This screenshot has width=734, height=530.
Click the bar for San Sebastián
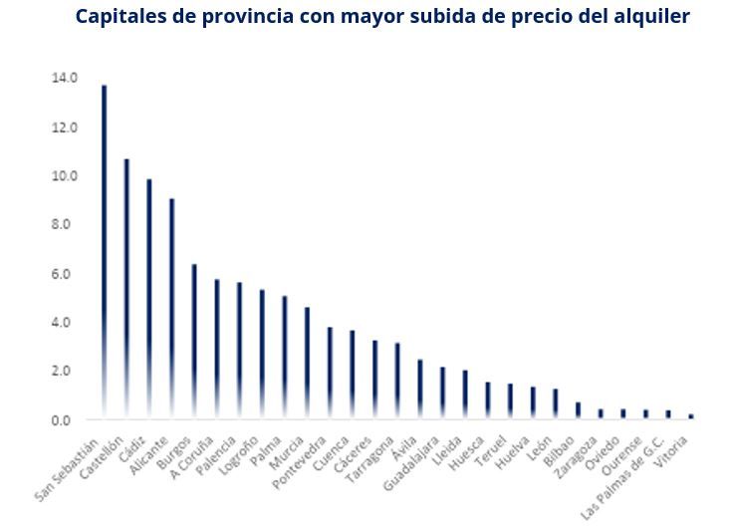(x=104, y=249)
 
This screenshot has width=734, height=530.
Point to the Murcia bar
(x=307, y=363)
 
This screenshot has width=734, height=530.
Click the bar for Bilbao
(x=578, y=410)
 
